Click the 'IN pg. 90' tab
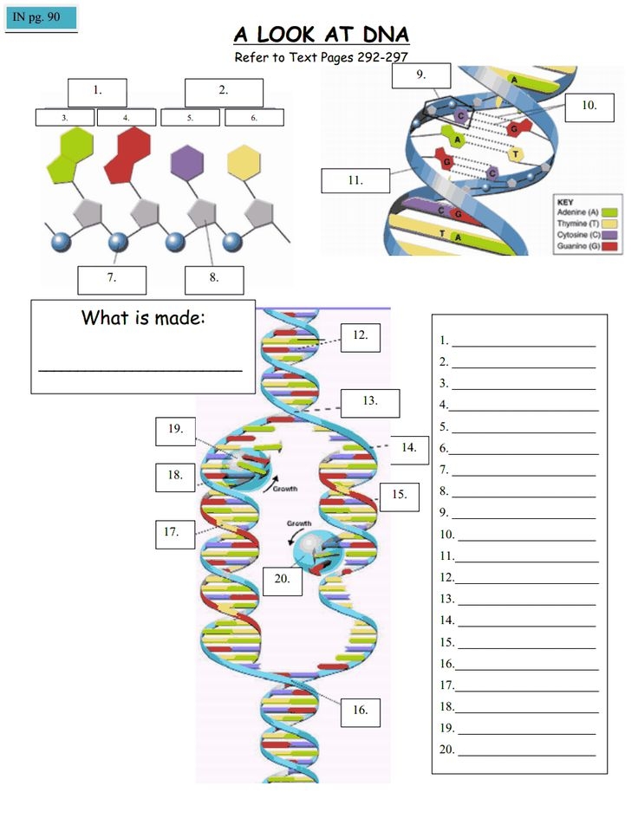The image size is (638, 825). click(x=41, y=17)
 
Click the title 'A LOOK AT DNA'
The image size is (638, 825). click(x=322, y=35)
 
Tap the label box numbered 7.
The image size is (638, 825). click(x=112, y=279)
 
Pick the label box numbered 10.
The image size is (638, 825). click(x=589, y=107)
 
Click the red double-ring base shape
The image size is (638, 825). click(x=127, y=152)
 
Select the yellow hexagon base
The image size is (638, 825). click(x=244, y=161)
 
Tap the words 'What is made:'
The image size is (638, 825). click(x=143, y=317)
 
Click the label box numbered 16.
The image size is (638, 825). click(x=360, y=711)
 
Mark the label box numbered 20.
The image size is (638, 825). click(x=283, y=579)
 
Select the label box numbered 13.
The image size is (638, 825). click(x=370, y=403)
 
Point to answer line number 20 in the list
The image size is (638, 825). click(x=524, y=750)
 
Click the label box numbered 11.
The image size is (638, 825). click(x=355, y=181)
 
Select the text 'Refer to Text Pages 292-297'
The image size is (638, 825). click(x=322, y=57)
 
